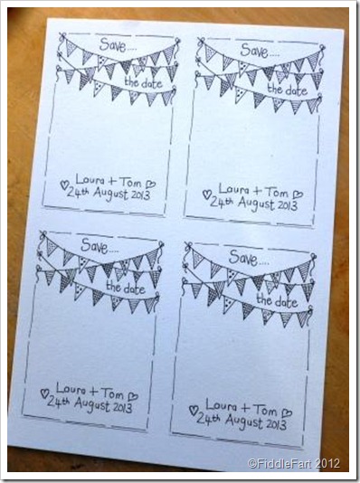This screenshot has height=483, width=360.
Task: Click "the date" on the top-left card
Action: pos(143,82)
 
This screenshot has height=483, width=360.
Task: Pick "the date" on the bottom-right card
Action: pos(277,301)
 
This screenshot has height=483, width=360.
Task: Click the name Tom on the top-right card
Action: pos(277,192)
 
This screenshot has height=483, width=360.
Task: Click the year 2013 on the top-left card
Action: pos(139,195)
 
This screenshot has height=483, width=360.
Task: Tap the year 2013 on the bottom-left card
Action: pos(121,408)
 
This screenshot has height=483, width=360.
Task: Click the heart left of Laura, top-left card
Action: pos(64,185)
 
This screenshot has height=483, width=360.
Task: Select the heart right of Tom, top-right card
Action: pos(298,194)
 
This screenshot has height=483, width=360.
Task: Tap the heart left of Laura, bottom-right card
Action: pos(193,410)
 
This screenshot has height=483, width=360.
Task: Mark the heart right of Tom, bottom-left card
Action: pos(133,396)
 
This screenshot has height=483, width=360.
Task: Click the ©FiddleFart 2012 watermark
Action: pos(294,463)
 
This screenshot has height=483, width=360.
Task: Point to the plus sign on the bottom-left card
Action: pos(94,392)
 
